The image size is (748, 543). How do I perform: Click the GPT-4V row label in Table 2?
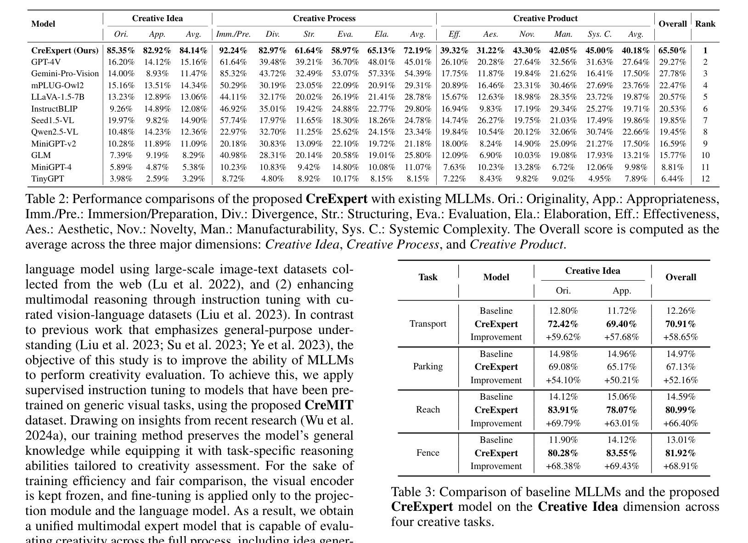click(x=46, y=62)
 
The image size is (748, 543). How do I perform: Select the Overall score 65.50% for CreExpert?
click(x=672, y=51)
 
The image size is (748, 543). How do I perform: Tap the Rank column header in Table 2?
click(x=705, y=24)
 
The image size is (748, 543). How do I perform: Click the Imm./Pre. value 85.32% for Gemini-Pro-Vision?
click(x=233, y=74)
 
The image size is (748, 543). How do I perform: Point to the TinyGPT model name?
click(x=48, y=179)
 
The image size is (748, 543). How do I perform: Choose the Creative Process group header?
click(x=324, y=19)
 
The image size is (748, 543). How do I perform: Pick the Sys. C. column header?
click(x=600, y=34)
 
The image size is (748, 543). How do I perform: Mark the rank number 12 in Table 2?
click(x=705, y=179)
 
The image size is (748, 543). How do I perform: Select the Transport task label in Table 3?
click(x=428, y=324)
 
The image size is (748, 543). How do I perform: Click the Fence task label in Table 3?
click(x=428, y=453)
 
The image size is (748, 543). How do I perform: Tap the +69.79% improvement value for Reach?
click(x=563, y=423)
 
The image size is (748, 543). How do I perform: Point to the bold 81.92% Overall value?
click(x=681, y=453)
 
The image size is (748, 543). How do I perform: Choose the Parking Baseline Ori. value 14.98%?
click(x=563, y=354)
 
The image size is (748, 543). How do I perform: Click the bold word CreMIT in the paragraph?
click(x=329, y=405)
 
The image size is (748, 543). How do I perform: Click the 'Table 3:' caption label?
click(x=413, y=492)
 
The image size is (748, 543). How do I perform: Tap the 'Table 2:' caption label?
click(x=47, y=199)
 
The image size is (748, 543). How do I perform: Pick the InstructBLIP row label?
click(x=54, y=109)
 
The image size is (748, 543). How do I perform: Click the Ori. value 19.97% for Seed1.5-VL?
click(x=121, y=120)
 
